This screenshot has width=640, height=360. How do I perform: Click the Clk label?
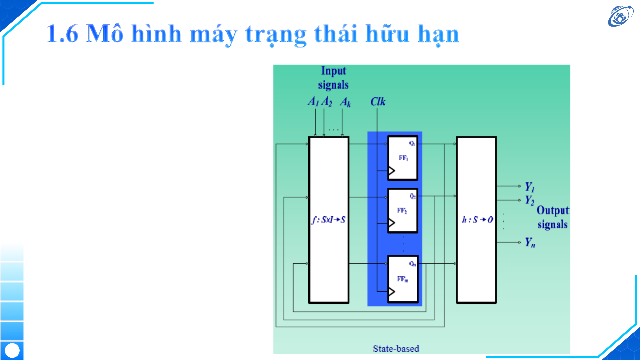point(378,102)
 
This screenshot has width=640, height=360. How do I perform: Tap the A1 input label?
point(313,101)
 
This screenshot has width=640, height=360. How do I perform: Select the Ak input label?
point(345,102)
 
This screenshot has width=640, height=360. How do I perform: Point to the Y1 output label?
point(530,187)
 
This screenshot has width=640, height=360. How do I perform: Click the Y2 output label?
point(530,200)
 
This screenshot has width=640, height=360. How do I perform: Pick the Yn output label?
point(530,242)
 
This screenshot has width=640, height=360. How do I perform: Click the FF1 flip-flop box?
point(402,158)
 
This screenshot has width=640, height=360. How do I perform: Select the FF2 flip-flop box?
point(402,210)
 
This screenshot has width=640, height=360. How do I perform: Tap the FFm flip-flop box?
point(402,279)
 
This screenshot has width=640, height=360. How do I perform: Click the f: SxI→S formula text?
point(328,220)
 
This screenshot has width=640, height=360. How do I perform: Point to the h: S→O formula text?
point(477,220)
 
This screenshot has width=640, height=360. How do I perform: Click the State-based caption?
point(396,349)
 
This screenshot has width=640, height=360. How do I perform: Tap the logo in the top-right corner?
point(620,16)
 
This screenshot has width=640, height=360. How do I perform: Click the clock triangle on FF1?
point(391,171)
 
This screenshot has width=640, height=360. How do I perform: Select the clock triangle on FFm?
point(391,292)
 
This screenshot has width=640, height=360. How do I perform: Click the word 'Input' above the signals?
point(333,71)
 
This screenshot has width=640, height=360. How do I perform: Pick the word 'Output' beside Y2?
point(553,210)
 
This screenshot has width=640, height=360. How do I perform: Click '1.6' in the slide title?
point(62,34)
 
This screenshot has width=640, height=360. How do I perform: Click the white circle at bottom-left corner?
point(12,350)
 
